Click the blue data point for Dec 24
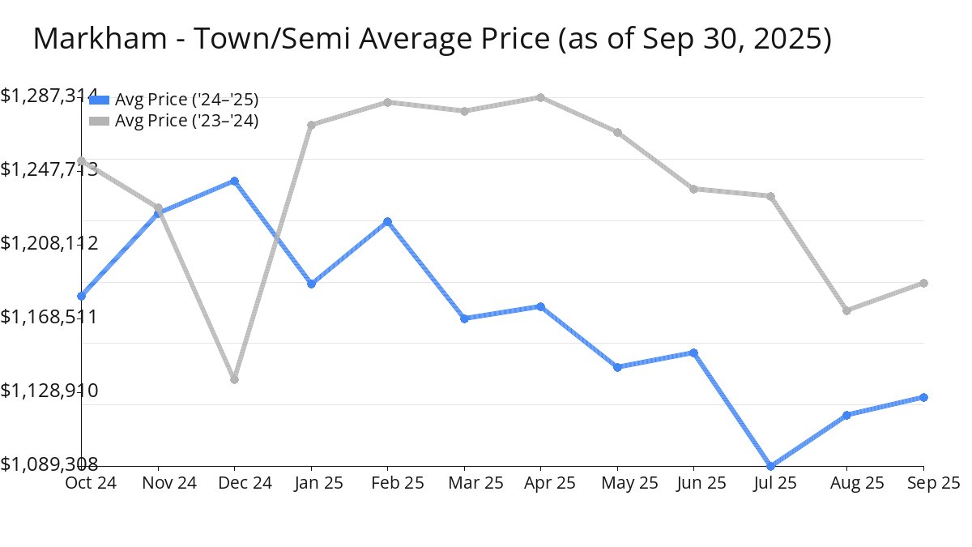234,181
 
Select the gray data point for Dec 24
234,379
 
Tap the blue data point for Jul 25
770,466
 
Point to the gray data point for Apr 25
540,97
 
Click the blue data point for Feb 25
387,221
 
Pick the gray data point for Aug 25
846,310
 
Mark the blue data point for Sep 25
923,397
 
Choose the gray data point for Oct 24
81,160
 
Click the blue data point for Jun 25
693,353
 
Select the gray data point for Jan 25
311,125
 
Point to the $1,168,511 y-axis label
49,316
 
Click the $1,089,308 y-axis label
49,464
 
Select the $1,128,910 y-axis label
49,391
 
